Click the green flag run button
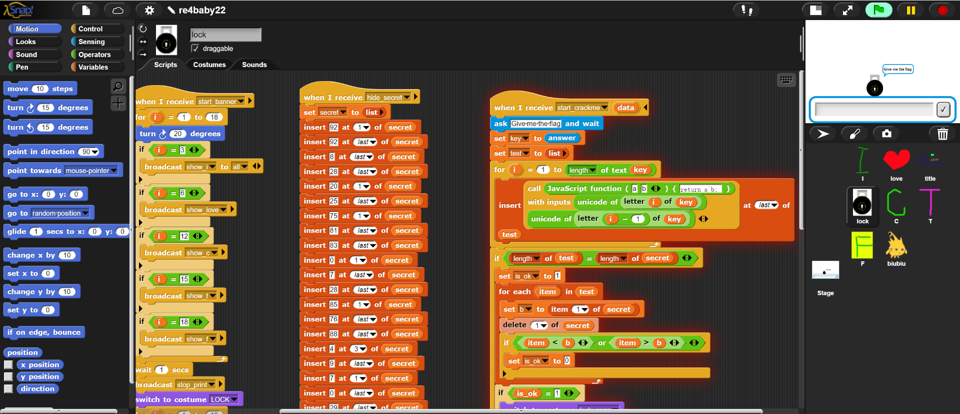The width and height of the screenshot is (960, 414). (x=878, y=10)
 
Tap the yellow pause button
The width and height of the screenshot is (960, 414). (x=910, y=10)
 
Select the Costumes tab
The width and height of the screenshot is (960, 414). (x=209, y=65)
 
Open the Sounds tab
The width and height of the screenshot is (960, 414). (x=254, y=65)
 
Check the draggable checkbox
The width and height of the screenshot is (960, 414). (x=195, y=49)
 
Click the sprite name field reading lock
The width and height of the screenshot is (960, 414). (x=225, y=35)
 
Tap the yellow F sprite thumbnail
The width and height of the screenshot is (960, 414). (x=862, y=245)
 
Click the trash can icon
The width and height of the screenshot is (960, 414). (x=942, y=134)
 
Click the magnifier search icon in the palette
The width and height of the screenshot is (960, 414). (x=118, y=87)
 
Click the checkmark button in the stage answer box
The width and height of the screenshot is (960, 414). (x=943, y=109)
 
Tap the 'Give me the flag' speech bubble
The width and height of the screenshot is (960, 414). (x=897, y=69)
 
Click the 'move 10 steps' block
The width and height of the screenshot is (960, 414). (x=40, y=89)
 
